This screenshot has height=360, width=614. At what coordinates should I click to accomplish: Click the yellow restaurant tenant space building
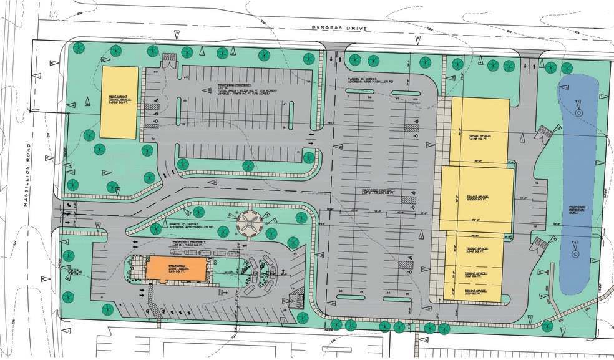119,102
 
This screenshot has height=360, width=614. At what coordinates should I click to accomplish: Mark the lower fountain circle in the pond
575,255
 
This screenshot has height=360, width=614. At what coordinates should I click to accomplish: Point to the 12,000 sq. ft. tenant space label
477,198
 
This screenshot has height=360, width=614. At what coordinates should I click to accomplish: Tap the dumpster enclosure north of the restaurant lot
170,60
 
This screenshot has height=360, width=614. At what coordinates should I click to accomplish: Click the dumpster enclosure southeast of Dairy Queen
298,298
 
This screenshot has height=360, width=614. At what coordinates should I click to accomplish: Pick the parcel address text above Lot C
363,80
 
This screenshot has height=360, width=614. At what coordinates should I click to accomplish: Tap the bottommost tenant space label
472,291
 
